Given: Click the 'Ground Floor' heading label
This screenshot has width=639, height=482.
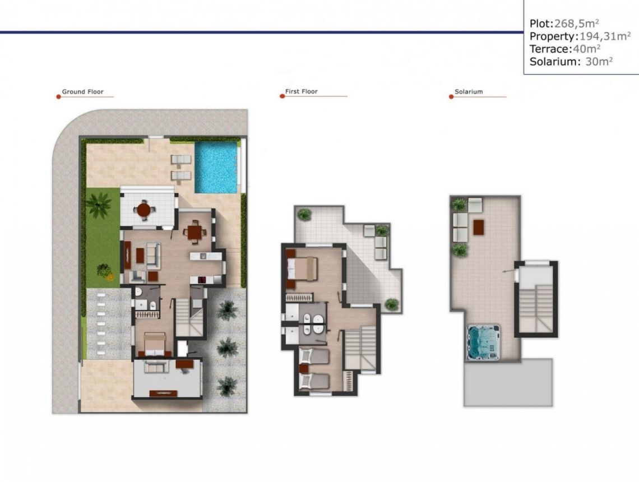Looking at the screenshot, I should (82, 92).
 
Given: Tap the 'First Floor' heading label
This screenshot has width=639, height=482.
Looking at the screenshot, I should (301, 91).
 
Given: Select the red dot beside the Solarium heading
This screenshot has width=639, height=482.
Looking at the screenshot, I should (451, 96).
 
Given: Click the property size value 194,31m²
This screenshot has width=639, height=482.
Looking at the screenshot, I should (596, 36).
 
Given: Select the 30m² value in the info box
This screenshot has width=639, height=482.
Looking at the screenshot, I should (598, 62).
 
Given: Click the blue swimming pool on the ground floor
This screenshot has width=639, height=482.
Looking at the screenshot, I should (216, 166).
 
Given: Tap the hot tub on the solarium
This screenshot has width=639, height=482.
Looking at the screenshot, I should (483, 342).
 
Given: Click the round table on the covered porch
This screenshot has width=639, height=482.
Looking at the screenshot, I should (144, 210).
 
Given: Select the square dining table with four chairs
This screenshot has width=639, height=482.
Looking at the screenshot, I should (194, 231).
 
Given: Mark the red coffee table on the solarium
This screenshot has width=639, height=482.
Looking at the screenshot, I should (478, 227).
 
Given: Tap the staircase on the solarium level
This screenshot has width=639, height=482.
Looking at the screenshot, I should (536, 307).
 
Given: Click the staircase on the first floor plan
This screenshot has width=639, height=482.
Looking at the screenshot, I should (360, 347).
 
